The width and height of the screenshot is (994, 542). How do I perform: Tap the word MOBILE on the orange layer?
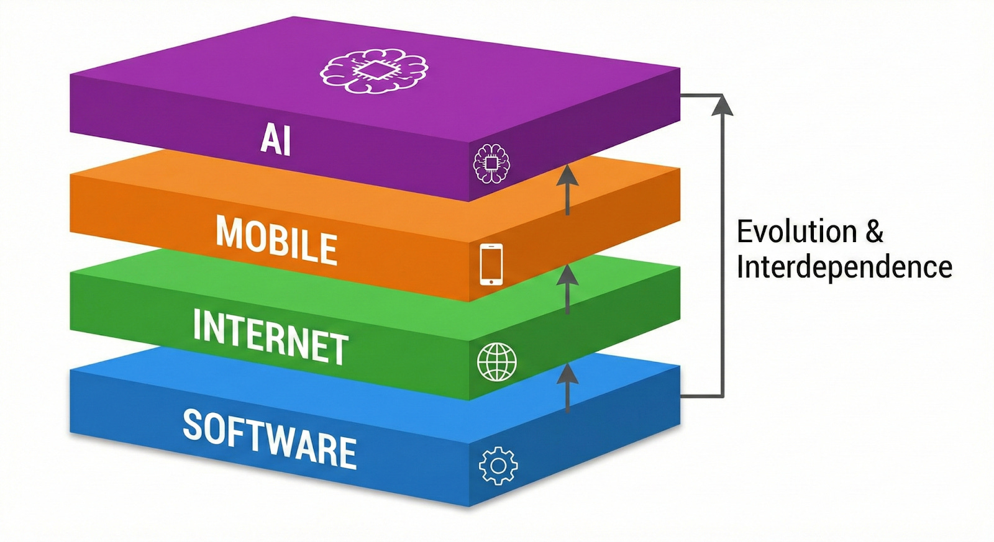pos(276,240)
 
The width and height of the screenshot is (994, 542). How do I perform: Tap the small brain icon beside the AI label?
pos(491,163)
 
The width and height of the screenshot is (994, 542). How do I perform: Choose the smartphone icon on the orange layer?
pos(491,264)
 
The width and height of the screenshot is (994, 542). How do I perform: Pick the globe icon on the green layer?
pos(496,362)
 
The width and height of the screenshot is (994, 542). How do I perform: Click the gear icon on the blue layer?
pos(498,466)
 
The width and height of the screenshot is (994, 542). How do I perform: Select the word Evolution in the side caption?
pos(797,232)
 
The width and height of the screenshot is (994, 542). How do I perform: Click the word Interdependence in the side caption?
pos(844,267)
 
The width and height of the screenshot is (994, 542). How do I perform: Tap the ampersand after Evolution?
pos(874,232)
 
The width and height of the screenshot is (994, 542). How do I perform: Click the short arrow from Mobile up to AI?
pos(567,186)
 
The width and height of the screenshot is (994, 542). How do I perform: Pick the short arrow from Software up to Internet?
pos(567,386)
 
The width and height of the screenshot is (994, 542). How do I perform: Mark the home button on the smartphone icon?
pos(491,281)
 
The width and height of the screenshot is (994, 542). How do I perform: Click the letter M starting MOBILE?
pos(228,232)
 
